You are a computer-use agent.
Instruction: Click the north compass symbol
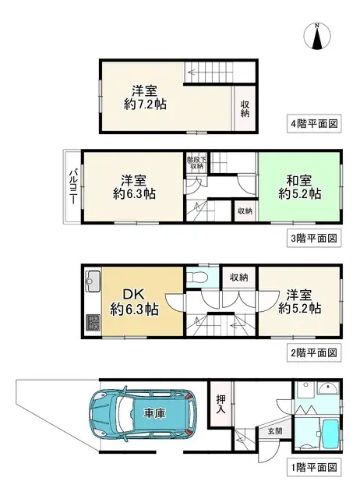[317, 37]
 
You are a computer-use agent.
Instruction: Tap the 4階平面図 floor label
[313, 123]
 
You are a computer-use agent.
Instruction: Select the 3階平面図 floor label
[313, 238]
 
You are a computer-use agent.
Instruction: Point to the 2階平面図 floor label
[313, 352]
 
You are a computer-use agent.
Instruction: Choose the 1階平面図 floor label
[313, 468]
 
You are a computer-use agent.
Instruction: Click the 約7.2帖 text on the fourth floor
[145, 104]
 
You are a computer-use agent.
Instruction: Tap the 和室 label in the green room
[299, 181]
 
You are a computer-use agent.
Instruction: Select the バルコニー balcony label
[72, 187]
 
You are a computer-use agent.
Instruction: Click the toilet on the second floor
[198, 278]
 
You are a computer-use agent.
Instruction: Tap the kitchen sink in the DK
[93, 279]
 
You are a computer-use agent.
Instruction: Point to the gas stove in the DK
[93, 322]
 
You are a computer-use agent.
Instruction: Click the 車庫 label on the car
[154, 414]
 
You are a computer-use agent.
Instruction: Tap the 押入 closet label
[221, 404]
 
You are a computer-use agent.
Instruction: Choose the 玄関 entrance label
[275, 431]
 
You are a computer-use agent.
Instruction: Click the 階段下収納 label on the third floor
[197, 163]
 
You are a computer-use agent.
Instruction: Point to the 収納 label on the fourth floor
[245, 109]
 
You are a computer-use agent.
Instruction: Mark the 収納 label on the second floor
[239, 278]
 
